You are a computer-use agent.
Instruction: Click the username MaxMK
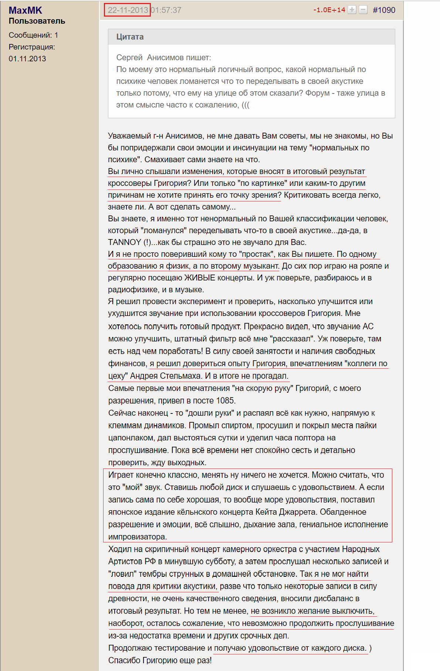pyautogui.click(x=25, y=10)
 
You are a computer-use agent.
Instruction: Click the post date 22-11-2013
pyautogui.click(x=128, y=10)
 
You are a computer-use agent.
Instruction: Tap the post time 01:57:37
pyautogui.click(x=166, y=10)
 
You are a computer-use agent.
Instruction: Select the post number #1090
pyautogui.click(x=384, y=10)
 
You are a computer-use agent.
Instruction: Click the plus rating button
pyautogui.click(x=352, y=10)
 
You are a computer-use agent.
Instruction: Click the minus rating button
pyautogui.click(x=363, y=10)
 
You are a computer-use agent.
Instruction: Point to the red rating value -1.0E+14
pyautogui.click(x=329, y=10)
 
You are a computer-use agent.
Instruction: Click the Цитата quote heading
pyautogui.click(x=130, y=37)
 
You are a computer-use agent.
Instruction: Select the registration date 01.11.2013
pyautogui.click(x=27, y=59)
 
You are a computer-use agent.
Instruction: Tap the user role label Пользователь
pyautogui.click(x=37, y=21)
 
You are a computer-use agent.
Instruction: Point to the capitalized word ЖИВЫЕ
pyautogui.click(x=200, y=278)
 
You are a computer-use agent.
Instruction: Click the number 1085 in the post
pyautogui.click(x=226, y=401)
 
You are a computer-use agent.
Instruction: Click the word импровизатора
pyautogui.click(x=138, y=537)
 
